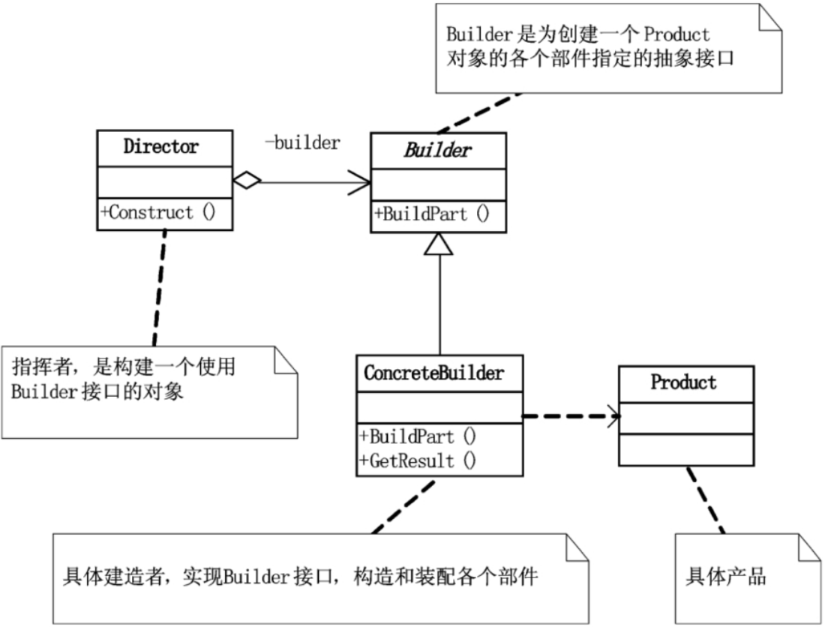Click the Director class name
161,146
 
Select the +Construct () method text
157,212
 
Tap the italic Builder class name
438,150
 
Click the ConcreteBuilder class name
434,373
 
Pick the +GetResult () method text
418,460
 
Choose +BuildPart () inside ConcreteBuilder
418,436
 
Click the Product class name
683,382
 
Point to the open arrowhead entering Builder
362,181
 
